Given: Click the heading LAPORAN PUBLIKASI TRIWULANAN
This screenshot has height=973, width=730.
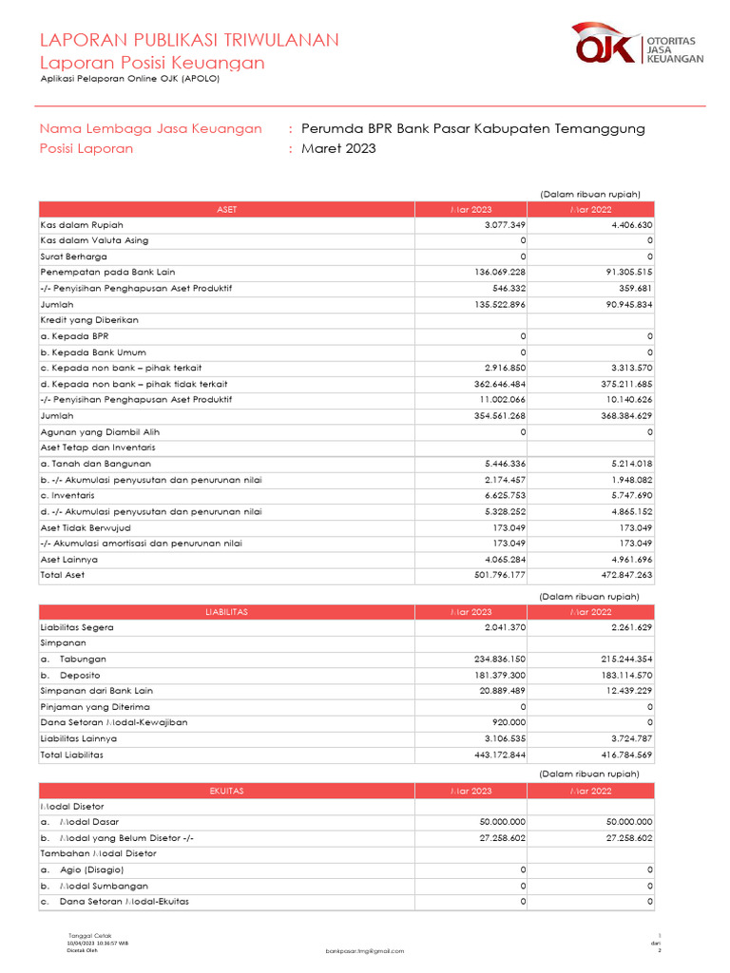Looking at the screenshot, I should (188, 40).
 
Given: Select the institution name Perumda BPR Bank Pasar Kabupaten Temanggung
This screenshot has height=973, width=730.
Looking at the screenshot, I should (472, 128).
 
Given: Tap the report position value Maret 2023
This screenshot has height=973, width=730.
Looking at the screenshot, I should (338, 148).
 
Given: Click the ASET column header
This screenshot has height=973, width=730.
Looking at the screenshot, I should (227, 209).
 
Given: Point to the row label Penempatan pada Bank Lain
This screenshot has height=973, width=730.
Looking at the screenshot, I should (107, 273).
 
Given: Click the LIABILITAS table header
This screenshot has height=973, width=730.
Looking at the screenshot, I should (227, 613).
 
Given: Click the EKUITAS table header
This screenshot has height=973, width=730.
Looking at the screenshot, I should (227, 791).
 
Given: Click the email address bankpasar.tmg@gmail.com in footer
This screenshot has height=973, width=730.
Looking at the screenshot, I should (364, 951).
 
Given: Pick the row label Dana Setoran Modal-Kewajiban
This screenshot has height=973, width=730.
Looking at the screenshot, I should (114, 723).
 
